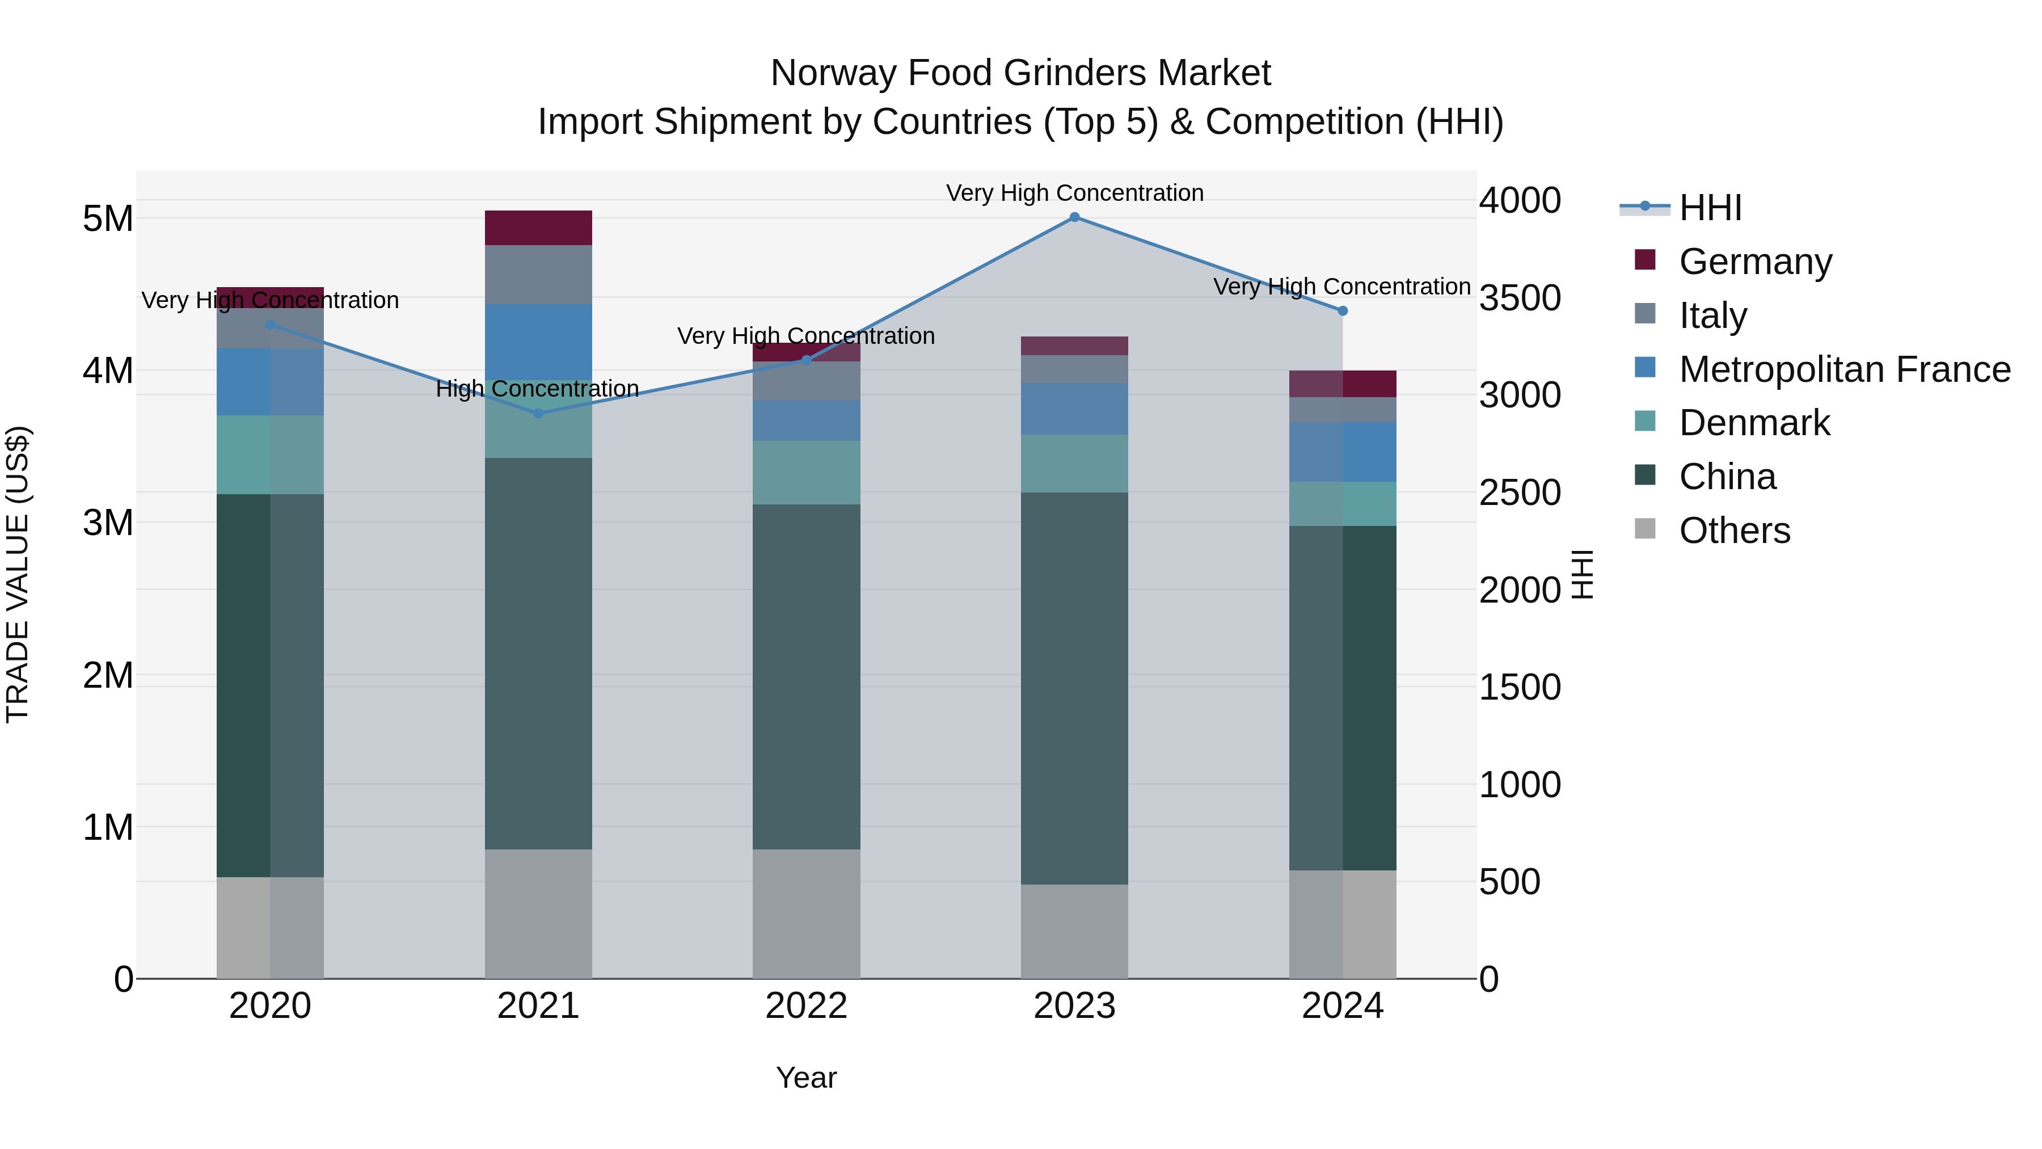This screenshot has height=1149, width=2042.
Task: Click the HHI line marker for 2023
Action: (1074, 217)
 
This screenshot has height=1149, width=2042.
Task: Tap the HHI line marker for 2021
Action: (538, 413)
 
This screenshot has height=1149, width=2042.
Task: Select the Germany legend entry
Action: (1754, 262)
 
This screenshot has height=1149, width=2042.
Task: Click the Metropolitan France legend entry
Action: (1844, 369)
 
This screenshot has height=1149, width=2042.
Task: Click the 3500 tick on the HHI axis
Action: (1519, 299)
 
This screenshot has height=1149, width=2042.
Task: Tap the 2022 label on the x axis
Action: (806, 1006)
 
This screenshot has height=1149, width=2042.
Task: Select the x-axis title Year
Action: (806, 1078)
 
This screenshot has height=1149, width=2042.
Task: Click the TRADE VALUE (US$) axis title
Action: (18, 574)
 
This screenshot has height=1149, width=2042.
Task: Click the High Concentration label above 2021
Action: (538, 389)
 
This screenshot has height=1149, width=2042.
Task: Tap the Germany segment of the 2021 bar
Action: (538, 228)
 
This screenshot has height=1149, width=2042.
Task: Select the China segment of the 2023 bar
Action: (1074, 688)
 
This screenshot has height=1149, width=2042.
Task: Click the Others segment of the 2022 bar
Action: (806, 914)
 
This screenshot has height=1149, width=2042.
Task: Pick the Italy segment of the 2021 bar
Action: (538, 275)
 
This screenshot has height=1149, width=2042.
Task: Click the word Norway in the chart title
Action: (834, 74)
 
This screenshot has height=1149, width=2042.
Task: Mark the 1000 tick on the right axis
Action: (1519, 785)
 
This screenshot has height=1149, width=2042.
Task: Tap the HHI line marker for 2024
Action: (1342, 311)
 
